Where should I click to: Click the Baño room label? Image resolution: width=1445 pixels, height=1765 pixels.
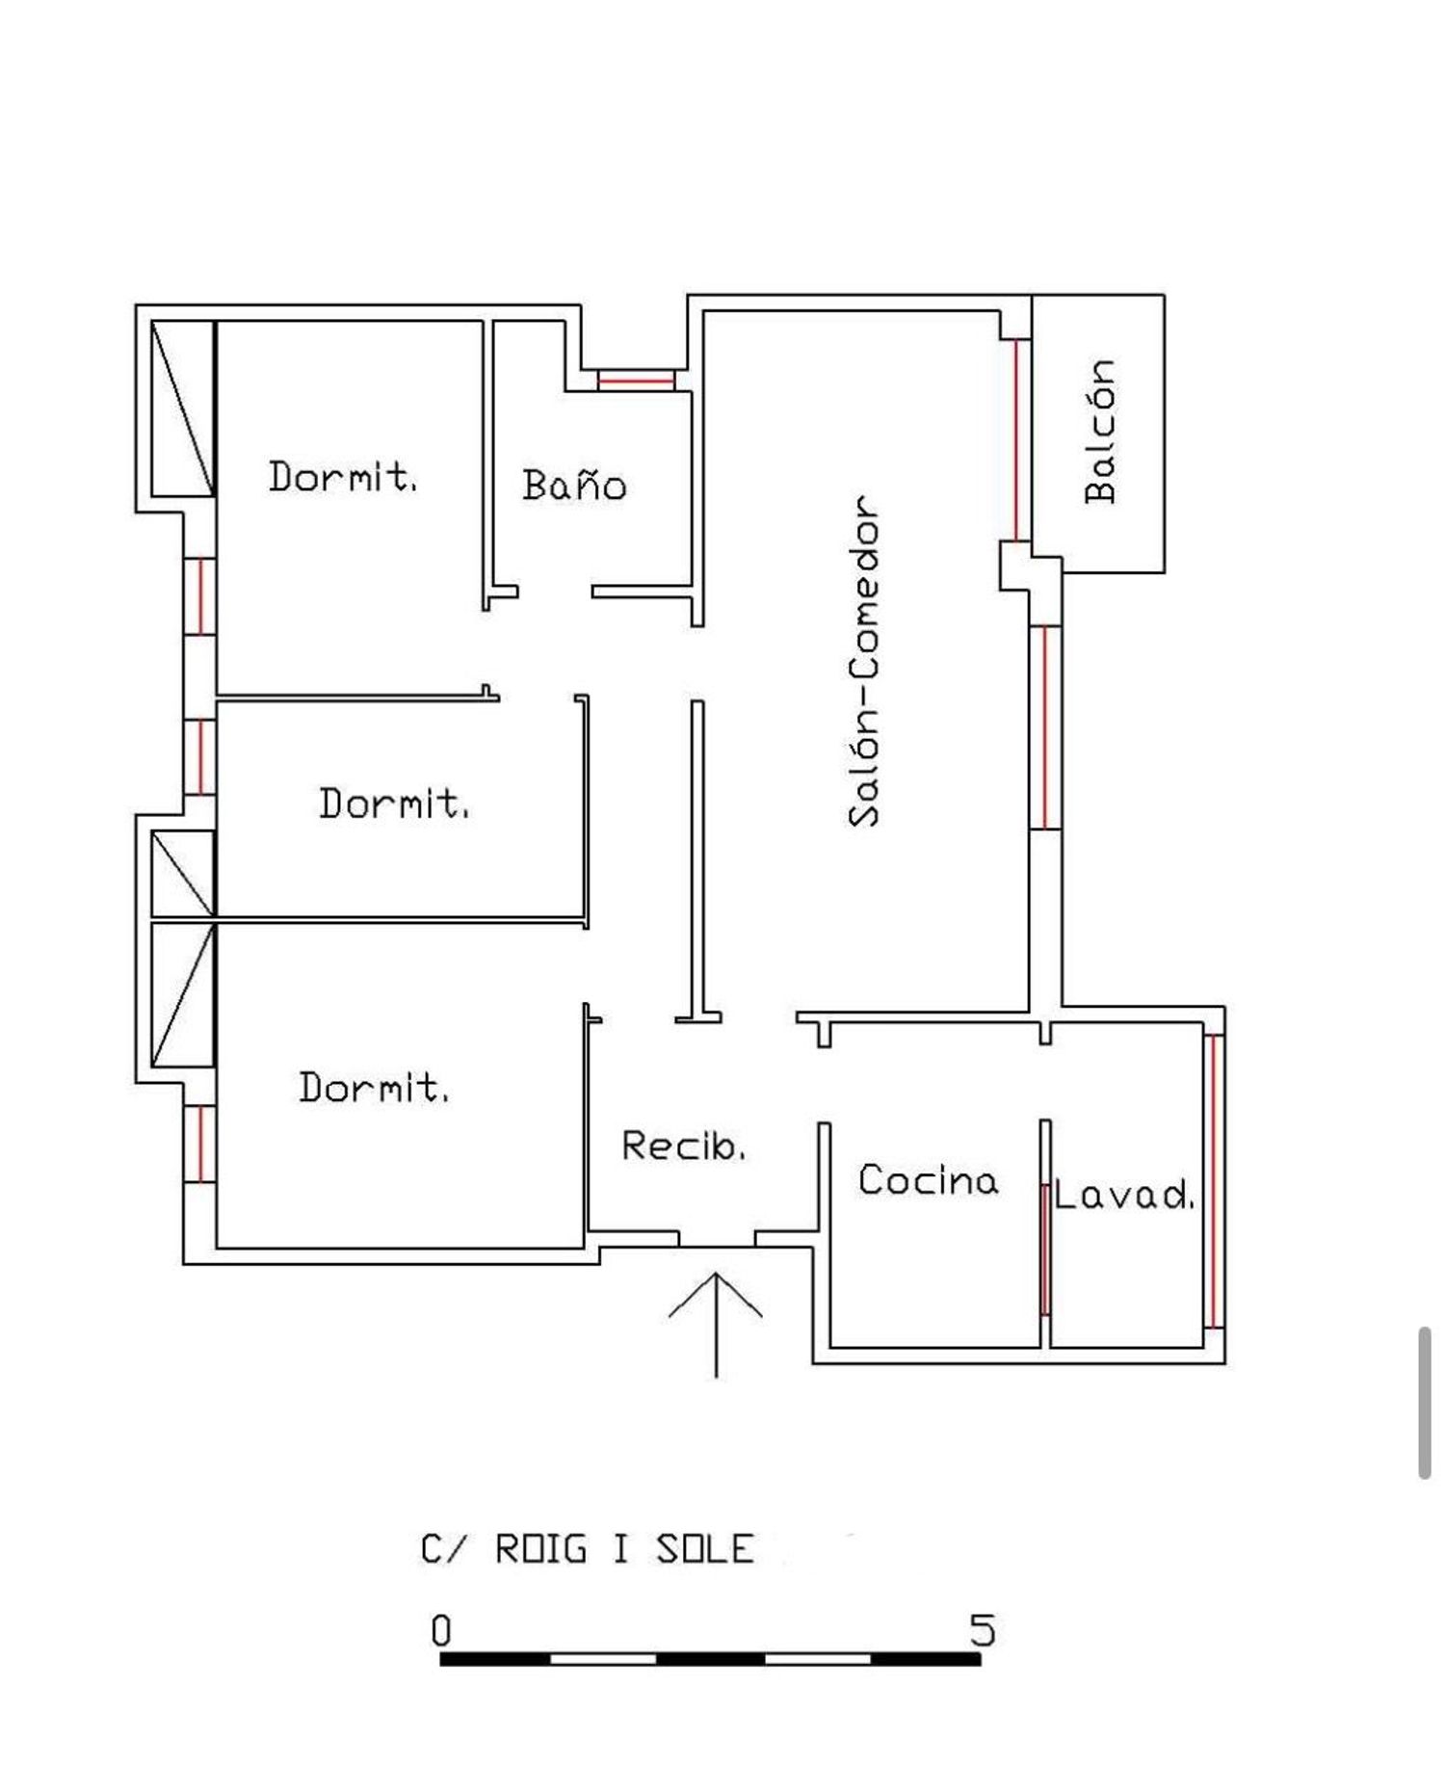pyautogui.click(x=574, y=485)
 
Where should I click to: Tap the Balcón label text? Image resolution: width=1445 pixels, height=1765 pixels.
pyautogui.click(x=1099, y=431)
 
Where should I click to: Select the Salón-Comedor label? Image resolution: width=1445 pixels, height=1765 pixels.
pyautogui.click(x=863, y=661)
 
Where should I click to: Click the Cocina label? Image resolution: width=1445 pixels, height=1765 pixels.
pyautogui.click(x=928, y=1180)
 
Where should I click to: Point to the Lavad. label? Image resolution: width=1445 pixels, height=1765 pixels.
pyautogui.click(x=1123, y=1196)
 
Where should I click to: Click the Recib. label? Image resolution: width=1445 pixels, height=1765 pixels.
pyautogui.click(x=683, y=1146)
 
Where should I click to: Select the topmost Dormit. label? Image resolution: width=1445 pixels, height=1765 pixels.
pyautogui.click(x=342, y=477)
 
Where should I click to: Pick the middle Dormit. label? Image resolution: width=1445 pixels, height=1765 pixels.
pyautogui.click(x=394, y=803)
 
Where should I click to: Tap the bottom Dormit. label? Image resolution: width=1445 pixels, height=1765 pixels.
pyautogui.click(x=373, y=1087)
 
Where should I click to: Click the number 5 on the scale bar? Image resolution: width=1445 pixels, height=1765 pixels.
pyautogui.click(x=982, y=1630)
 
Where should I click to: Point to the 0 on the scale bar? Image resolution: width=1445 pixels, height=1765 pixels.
pyautogui.click(x=440, y=1631)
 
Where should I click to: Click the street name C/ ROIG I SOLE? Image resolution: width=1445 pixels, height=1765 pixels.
pyautogui.click(x=587, y=1549)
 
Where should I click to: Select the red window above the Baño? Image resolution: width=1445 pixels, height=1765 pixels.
pyautogui.click(x=635, y=381)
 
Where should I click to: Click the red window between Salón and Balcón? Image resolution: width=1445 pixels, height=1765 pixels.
pyautogui.click(x=1015, y=439)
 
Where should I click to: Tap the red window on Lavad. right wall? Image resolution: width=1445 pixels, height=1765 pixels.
pyautogui.click(x=1214, y=1180)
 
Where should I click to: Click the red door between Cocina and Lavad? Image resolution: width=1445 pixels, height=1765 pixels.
pyautogui.click(x=1044, y=1249)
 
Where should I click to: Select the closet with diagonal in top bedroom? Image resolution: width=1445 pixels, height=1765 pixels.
pyautogui.click(x=182, y=408)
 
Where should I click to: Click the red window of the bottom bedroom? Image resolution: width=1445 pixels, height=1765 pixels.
pyautogui.click(x=199, y=1144)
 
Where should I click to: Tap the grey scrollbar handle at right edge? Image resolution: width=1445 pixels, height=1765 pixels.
pyautogui.click(x=1425, y=1402)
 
